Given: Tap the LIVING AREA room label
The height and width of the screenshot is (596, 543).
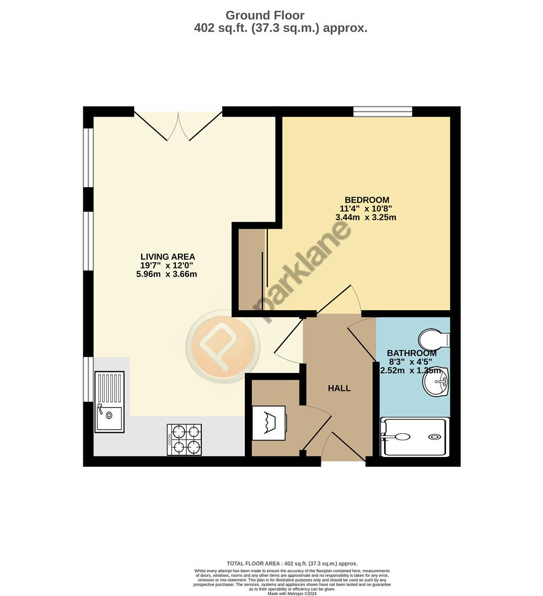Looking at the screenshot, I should click(168, 257).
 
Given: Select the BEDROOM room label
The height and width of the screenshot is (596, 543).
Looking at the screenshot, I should click(367, 200).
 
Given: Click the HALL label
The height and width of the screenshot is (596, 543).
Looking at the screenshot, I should click(339, 389).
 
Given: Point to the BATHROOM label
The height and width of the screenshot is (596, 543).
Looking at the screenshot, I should click(411, 353).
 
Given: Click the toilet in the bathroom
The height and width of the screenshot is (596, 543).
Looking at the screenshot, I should click(434, 339).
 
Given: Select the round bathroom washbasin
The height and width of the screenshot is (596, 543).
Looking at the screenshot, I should click(436, 381).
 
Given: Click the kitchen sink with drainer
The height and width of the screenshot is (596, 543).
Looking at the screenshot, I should click(109, 401).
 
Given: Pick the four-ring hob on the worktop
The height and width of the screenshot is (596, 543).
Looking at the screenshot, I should click(184, 439).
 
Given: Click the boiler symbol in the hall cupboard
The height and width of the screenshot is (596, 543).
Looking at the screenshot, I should click(269, 423).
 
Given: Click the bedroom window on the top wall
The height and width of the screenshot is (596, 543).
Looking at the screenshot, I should click(383, 111).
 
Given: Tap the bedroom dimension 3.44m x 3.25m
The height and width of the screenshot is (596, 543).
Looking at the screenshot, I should click(366, 217).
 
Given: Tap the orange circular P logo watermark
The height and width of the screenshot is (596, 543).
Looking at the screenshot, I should click(221, 346).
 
